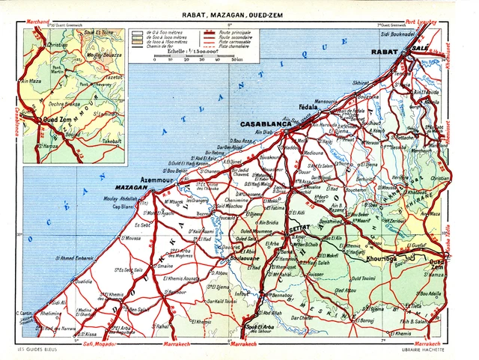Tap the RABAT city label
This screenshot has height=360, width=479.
[385, 52]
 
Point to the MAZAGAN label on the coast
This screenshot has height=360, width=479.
[131, 187]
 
